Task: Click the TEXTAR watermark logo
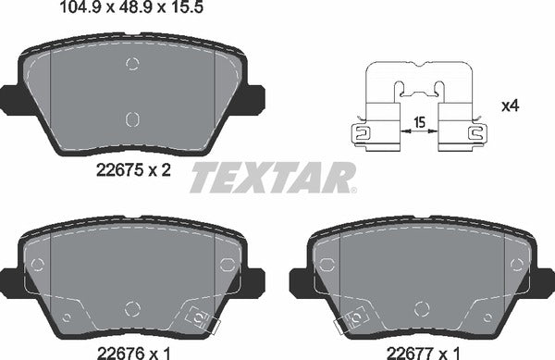coord(273,177)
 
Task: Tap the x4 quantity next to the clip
coord(508,106)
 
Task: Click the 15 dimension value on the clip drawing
coord(420,121)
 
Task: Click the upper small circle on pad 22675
coord(131,64)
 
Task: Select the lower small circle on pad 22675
coord(131,118)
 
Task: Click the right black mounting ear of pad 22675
coord(258,95)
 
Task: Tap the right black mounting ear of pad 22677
coord(545,277)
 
